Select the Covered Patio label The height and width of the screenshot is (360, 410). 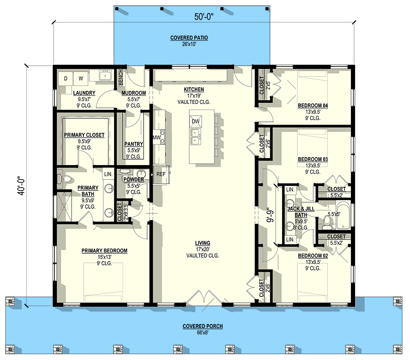point(189,38)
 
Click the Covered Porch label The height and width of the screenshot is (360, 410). point(203,326)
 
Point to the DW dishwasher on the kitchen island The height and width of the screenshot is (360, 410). point(196,121)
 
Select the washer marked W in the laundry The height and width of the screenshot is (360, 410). point(81,78)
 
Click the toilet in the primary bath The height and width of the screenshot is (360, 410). point(67,179)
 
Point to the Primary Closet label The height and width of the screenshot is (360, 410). point(84,135)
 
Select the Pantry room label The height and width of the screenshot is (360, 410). point(133,144)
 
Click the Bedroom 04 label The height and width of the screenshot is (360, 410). point(313,106)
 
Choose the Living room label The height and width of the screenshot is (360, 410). point(202,243)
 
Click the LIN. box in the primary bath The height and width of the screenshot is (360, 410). point(108,174)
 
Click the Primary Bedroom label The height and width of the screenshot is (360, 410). point(104,251)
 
